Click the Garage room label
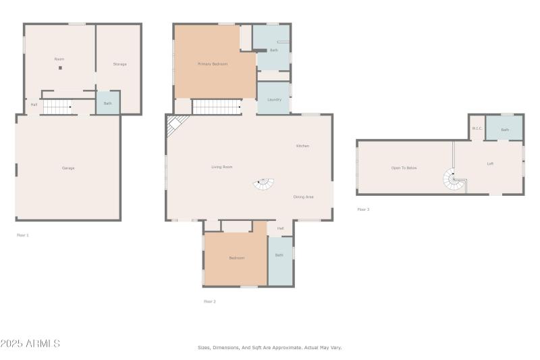[68, 168]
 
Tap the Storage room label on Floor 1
[119, 64]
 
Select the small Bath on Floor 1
[107, 103]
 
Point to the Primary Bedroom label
[212, 64]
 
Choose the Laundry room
[274, 99]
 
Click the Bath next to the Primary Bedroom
[273, 51]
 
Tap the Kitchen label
[302, 145]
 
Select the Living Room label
[221, 166]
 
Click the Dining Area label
[303, 197]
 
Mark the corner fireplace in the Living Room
[175, 124]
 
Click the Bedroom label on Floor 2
[236, 257]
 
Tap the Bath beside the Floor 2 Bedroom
[279, 255]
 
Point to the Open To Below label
[404, 168]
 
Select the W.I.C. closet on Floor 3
[477, 128]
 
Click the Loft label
[490, 163]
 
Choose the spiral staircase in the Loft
[453, 180]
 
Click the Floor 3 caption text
[363, 209]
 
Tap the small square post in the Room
[60, 68]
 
